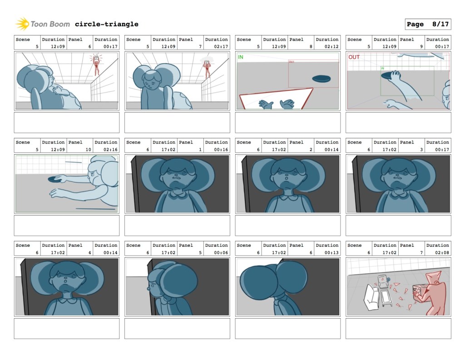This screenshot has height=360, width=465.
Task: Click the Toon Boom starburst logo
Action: coord(22,24)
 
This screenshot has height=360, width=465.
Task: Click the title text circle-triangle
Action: coord(106,24)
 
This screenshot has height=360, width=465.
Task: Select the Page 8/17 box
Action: coord(428,24)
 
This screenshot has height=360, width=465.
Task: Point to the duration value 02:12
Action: coord(331,46)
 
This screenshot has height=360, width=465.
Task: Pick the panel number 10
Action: coord(89,149)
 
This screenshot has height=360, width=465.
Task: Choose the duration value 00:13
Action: coord(331,252)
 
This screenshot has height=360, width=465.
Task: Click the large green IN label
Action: coord(241,57)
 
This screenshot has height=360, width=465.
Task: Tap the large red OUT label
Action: coord(354,57)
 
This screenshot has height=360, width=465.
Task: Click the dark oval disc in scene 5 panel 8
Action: coord(321,79)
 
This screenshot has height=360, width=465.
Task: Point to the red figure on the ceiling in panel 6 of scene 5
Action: coord(96,65)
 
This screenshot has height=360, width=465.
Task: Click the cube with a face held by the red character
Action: coord(420,292)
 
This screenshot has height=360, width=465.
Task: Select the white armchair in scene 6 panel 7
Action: coord(371,297)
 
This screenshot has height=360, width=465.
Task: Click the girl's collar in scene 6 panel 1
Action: coord(177,195)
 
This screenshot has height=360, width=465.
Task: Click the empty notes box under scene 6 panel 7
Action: coord(398,329)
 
